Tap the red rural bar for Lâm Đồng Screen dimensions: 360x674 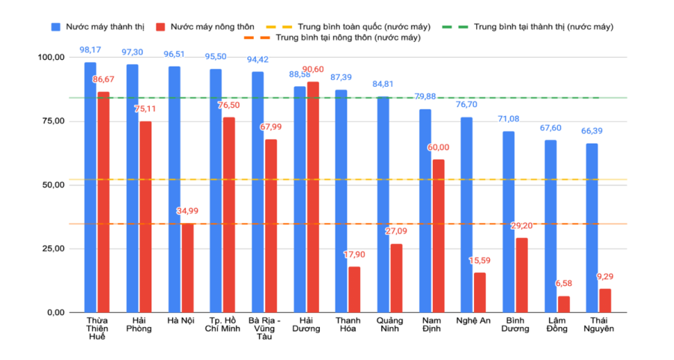coord(563,304)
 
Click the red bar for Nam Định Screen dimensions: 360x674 coord(438,236)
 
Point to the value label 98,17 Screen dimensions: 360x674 coord(90,51)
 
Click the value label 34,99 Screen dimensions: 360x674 coord(187,212)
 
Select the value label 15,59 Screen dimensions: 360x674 coord(480,260)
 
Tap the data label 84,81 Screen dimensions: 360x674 coord(383,84)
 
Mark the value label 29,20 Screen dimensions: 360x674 coord(521,226)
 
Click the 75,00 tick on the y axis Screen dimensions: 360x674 coord(52,121)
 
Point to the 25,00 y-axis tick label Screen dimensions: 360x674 coord(52,248)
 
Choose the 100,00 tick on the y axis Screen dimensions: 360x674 coord(49,58)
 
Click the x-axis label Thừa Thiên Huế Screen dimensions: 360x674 coord(96,329)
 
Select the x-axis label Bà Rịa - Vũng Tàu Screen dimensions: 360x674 coord(267,329)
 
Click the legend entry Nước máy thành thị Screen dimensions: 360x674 coord(97,26)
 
